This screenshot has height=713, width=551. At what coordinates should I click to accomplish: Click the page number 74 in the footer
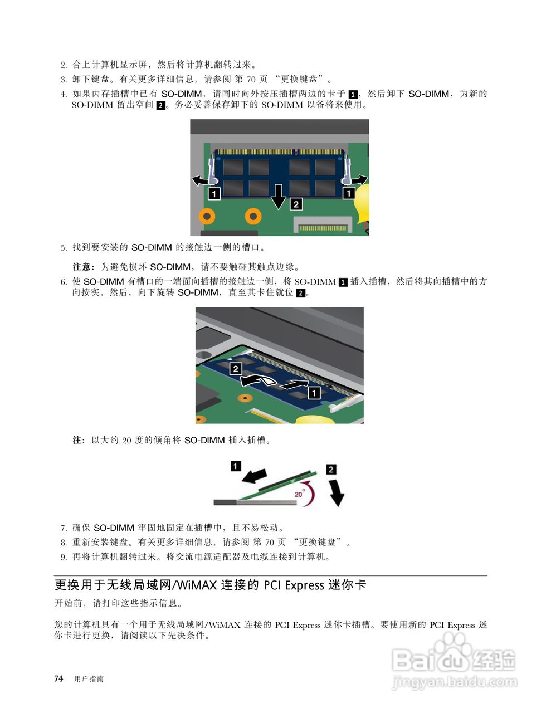58,678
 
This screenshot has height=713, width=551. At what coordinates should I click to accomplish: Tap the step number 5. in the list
64,247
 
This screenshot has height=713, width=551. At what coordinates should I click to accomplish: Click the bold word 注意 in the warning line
83,267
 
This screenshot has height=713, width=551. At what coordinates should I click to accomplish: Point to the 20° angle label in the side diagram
299,494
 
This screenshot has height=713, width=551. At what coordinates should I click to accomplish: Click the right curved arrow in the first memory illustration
357,179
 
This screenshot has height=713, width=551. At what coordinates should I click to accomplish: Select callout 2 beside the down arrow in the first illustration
296,204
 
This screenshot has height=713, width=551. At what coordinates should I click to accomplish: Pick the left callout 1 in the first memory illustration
214,193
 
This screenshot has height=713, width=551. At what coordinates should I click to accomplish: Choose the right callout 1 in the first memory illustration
349,193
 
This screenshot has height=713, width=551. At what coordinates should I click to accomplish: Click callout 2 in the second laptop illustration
236,368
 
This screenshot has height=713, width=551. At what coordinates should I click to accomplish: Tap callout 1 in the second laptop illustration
314,393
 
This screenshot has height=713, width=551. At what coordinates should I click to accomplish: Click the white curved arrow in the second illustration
257,380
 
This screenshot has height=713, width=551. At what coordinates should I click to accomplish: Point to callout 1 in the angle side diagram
236,465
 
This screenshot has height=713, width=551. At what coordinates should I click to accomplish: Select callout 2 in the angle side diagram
331,470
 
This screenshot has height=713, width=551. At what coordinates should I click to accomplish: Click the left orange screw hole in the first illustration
207,216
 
